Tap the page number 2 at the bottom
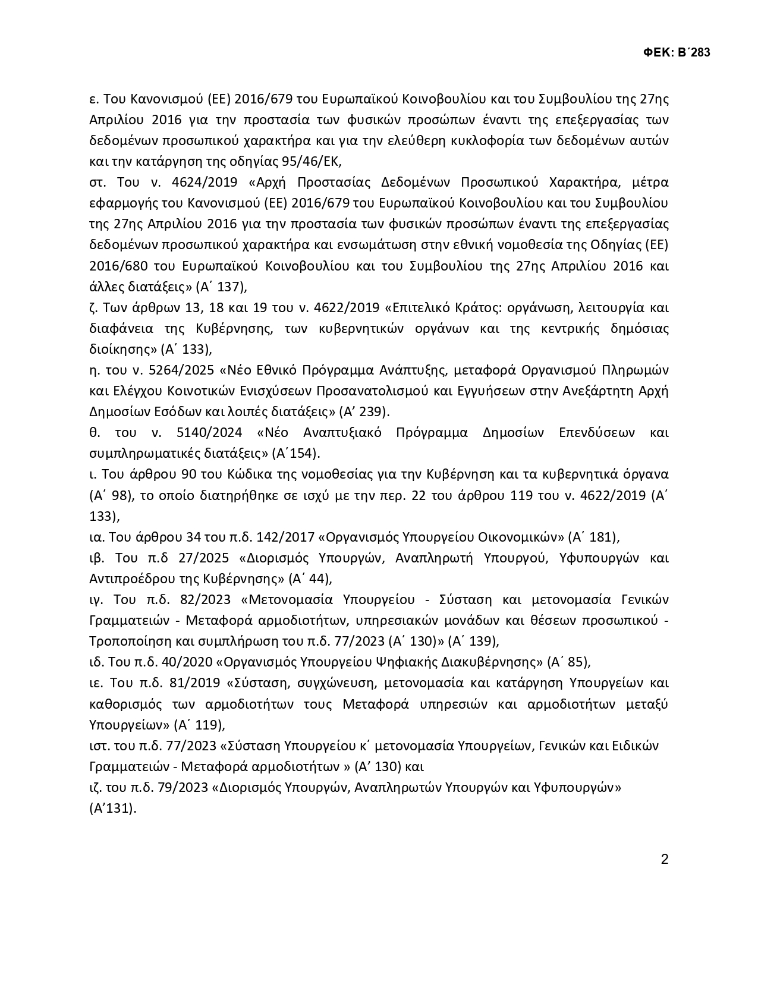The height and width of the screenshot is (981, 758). pyautogui.click(x=665, y=859)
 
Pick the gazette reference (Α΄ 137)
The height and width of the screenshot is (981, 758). pyautogui.click(x=221, y=287)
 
